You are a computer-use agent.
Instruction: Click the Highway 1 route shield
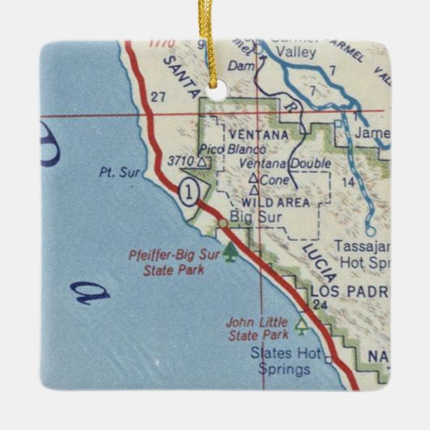(188, 192)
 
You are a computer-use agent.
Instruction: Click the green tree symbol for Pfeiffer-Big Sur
(232, 253)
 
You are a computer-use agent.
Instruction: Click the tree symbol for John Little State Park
(303, 325)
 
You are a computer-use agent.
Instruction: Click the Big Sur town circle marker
(221, 221)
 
